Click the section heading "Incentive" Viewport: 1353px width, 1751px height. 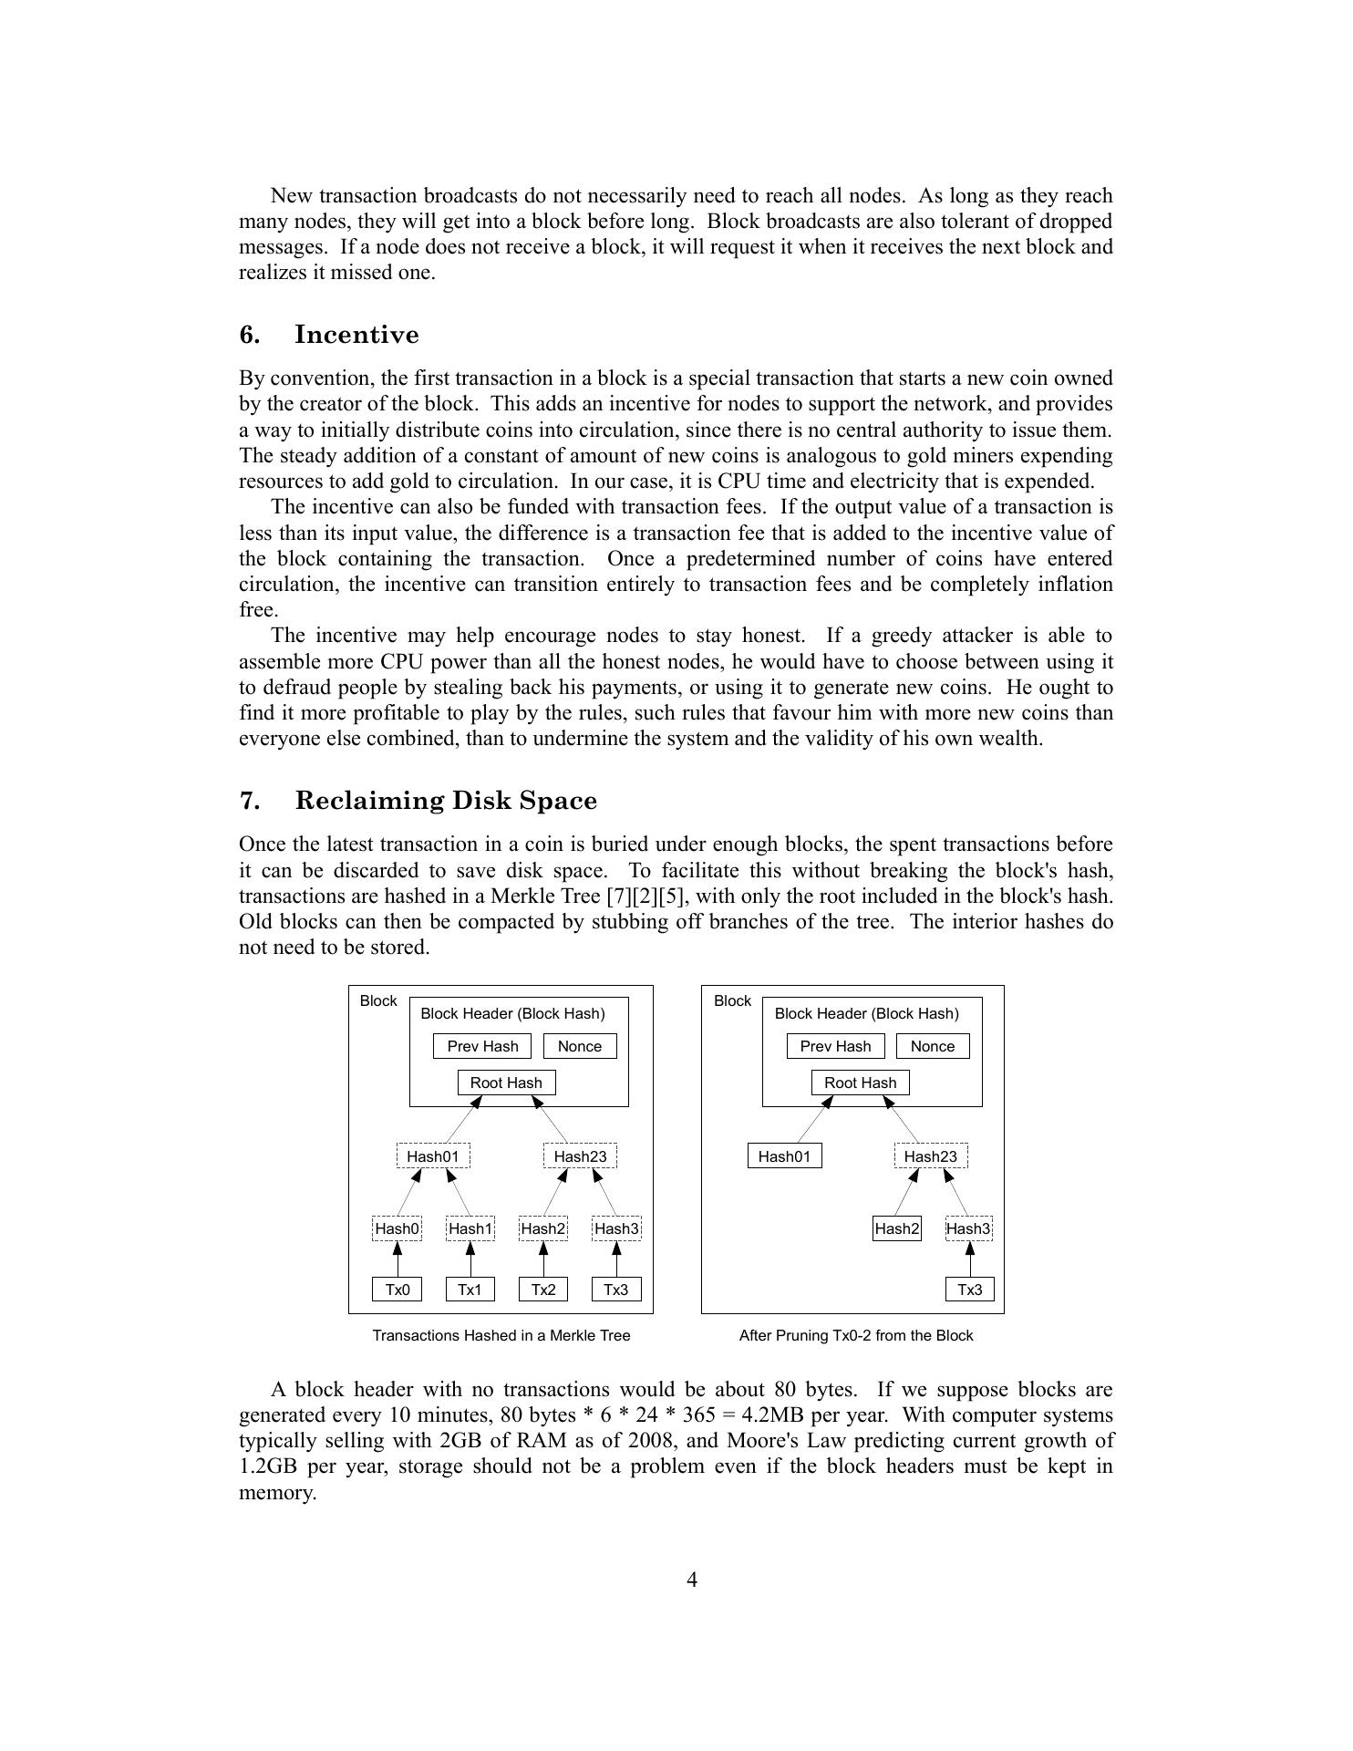356,335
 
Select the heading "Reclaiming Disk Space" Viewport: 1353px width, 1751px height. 446,801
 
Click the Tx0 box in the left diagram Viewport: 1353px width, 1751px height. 398,1290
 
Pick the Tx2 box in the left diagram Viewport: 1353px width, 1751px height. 543,1290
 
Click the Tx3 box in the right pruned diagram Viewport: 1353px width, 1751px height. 970,1290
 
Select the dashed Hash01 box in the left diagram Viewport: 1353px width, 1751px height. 433,1156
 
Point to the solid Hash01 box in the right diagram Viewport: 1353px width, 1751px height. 784,1156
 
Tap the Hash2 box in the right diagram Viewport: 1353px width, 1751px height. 897,1228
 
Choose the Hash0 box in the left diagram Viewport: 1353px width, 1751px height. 398,1228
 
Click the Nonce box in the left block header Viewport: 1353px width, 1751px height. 580,1046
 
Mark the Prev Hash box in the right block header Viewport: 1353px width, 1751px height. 835,1046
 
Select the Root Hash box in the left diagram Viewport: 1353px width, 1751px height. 506,1083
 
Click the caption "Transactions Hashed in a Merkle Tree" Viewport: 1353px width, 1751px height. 501,1335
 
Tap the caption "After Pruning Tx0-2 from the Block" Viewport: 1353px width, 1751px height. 856,1335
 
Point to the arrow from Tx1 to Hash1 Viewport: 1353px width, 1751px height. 470,1259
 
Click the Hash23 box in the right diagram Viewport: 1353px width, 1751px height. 931,1156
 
